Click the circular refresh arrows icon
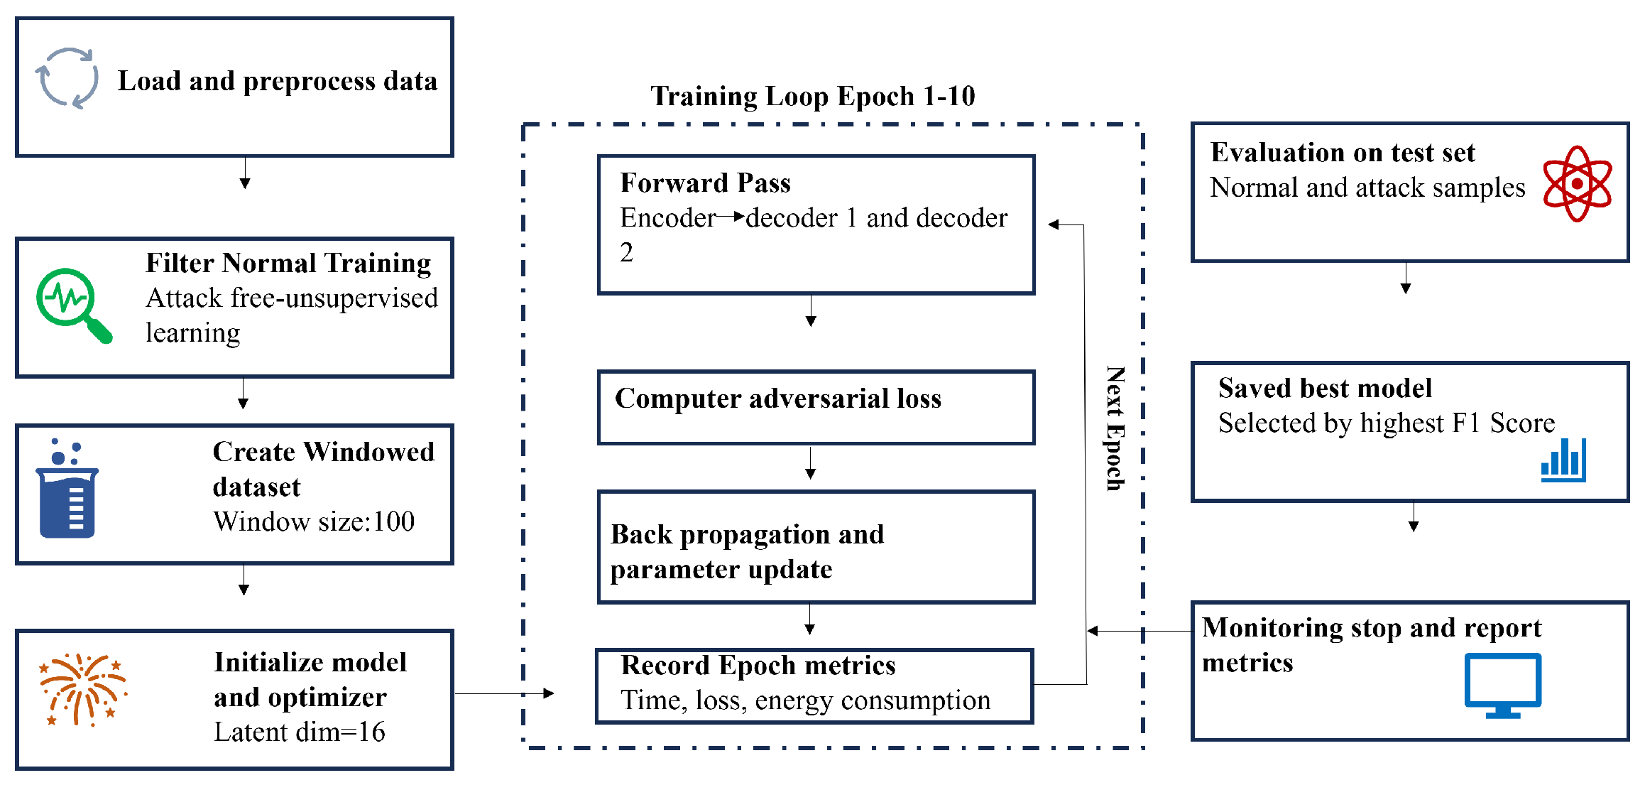click(67, 77)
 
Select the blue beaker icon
click(67, 488)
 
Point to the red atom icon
click(1577, 184)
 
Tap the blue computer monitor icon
click(1503, 685)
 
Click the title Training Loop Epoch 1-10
click(813, 96)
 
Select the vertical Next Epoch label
click(1115, 428)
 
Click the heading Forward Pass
click(705, 183)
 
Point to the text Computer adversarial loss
click(778, 399)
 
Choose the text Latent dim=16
click(300, 732)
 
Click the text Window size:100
click(314, 521)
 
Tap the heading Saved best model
click(1325, 388)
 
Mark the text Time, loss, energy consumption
click(805, 700)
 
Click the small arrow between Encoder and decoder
click(731, 216)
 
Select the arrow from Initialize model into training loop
click(504, 693)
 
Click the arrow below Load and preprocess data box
click(245, 173)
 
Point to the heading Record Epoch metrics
click(758, 666)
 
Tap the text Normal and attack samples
click(1367, 188)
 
